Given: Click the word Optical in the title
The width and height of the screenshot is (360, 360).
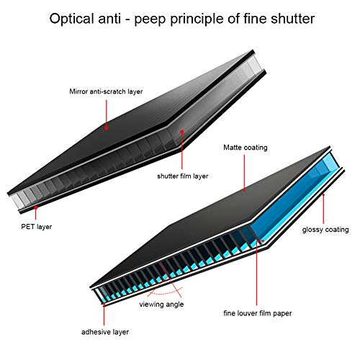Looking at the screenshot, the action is (x=71, y=19).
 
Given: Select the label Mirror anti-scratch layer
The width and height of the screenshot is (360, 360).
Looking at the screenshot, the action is (x=106, y=91).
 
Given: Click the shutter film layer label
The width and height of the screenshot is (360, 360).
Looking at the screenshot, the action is (x=182, y=176).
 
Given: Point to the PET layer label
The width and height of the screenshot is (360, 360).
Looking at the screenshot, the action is (x=37, y=227).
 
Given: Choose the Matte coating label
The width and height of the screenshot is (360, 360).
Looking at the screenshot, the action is (x=246, y=148).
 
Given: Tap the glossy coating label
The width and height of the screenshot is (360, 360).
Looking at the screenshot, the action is (x=325, y=230).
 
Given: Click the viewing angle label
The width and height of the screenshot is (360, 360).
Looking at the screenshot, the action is (x=161, y=305).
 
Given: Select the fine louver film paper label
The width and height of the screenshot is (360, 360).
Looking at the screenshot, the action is (x=258, y=313).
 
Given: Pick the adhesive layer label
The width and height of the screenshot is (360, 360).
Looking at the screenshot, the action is (x=105, y=332).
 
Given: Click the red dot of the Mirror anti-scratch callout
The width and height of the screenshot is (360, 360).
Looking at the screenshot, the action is (x=107, y=128).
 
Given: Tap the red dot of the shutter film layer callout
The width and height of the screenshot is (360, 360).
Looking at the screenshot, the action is (x=182, y=132).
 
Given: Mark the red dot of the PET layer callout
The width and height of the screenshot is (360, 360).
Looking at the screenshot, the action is (x=36, y=208).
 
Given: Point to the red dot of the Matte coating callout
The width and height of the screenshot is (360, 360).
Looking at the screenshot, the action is (x=245, y=191).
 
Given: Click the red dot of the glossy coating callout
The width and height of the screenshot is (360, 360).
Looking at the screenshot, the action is (x=323, y=194).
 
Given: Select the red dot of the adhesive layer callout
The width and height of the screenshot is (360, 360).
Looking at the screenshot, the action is (x=104, y=305).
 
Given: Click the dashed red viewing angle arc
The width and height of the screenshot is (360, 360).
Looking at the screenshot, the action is (x=166, y=293).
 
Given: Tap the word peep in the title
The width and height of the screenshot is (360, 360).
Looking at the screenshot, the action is (x=150, y=20).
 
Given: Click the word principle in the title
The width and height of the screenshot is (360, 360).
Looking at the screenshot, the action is (x=197, y=19).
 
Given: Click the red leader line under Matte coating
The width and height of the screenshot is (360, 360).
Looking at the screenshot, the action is (x=245, y=172).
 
